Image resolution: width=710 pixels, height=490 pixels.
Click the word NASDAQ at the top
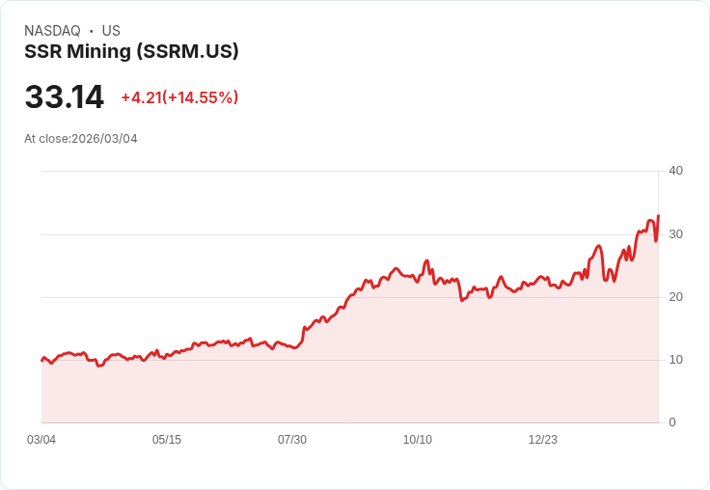point(52,31)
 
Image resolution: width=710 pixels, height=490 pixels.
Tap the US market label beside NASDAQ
point(111,31)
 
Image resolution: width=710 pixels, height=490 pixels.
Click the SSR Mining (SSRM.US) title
point(131,52)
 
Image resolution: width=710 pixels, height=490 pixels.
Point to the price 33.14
point(64,96)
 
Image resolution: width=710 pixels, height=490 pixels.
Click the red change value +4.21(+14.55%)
point(179,97)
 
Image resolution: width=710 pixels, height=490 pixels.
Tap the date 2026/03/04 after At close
point(104,139)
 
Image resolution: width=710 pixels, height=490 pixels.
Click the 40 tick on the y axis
point(675,171)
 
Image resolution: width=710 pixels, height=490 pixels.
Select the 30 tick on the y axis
point(675,234)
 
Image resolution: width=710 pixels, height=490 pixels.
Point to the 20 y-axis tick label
point(675,297)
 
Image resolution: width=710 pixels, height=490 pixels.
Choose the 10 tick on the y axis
point(675,360)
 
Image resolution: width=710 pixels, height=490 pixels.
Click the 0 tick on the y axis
point(672,422)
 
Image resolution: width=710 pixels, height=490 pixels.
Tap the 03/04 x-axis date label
point(41,440)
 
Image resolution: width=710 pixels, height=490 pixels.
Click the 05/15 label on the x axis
point(167,440)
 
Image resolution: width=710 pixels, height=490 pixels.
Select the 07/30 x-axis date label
point(292,440)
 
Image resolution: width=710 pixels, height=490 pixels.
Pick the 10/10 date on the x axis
point(418,440)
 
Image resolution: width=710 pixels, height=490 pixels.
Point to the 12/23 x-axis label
point(543,440)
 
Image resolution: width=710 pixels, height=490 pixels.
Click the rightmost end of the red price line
point(658,216)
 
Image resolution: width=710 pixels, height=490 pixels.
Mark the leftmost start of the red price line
point(41,360)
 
